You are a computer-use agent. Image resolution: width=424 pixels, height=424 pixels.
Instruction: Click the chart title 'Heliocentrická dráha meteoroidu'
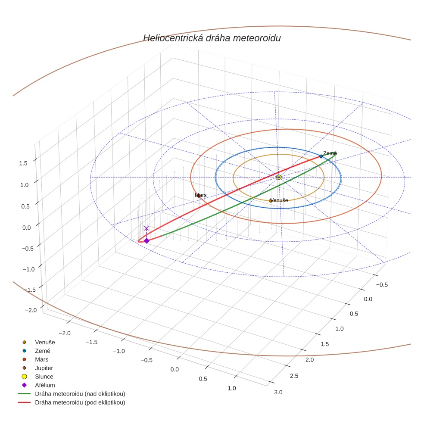pyautogui.click(x=212, y=38)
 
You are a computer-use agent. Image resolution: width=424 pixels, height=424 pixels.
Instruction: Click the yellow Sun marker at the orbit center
pyautogui.click(x=279, y=177)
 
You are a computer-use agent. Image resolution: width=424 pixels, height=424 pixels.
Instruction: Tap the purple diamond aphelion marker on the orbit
pyautogui.click(x=147, y=241)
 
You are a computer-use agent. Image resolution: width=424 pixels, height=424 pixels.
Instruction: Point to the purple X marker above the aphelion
pyautogui.click(x=147, y=228)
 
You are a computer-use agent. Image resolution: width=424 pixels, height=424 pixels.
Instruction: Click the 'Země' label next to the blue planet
pyautogui.click(x=330, y=153)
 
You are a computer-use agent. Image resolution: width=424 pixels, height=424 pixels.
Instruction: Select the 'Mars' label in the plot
pyautogui.click(x=200, y=195)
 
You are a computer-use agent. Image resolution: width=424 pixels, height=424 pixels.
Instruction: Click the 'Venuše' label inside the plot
pyautogui.click(x=279, y=200)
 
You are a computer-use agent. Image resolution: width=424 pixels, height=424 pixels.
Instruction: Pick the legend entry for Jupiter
pyautogui.click(x=44, y=368)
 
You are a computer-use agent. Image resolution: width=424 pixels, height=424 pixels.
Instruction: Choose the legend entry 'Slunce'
pyautogui.click(x=44, y=377)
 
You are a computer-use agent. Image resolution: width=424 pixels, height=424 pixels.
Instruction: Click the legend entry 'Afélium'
pyautogui.click(x=45, y=385)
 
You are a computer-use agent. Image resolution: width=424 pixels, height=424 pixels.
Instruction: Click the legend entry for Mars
pyautogui.click(x=41, y=359)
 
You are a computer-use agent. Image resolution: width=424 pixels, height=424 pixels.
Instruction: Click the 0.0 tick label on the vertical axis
pyautogui.click(x=27, y=228)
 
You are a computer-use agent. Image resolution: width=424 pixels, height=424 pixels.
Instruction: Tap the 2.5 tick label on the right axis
pyautogui.click(x=293, y=376)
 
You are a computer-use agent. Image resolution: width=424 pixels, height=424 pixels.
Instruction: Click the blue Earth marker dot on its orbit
pyautogui.click(x=321, y=156)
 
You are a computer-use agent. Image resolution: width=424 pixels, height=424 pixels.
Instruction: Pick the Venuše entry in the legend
pyautogui.click(x=45, y=342)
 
